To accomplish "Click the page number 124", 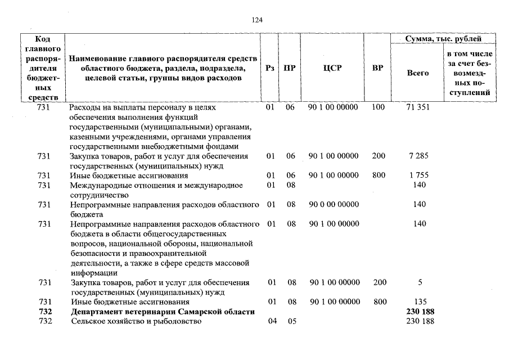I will coord(257,20).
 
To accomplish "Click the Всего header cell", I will coord(417,73).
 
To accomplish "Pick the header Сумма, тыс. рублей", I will coord(444,39).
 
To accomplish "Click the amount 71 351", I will coord(418,107).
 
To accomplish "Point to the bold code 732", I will coord(44,312).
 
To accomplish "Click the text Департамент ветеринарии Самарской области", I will coord(162,312).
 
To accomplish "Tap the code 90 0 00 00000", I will coord(334,205).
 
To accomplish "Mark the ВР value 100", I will coord(379,107).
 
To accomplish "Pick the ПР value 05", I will coord(291,321).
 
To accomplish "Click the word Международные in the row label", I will coord(98,185).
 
